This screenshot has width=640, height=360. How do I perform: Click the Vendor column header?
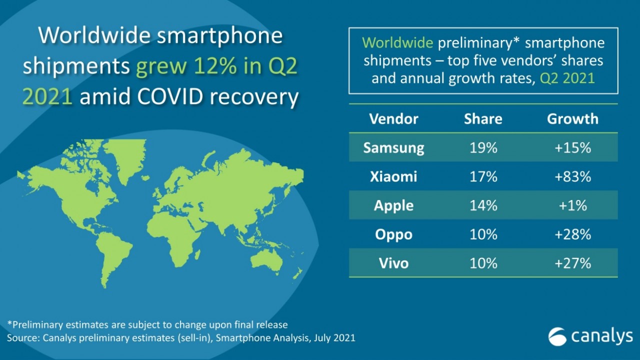click(x=393, y=119)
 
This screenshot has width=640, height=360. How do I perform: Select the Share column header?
click(x=483, y=119)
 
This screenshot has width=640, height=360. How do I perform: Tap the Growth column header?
click(x=572, y=119)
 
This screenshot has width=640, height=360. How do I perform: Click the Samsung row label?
click(x=393, y=148)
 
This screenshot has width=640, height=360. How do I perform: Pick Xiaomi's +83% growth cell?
click(x=572, y=176)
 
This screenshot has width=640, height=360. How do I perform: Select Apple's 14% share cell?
click(x=483, y=205)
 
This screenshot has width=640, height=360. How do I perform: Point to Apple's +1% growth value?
click(x=572, y=205)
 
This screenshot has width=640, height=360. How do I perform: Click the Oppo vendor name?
click(x=393, y=234)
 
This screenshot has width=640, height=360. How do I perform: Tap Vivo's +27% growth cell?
click(x=572, y=263)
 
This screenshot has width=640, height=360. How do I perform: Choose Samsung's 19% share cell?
click(x=483, y=148)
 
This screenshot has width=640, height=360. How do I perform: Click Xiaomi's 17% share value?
click(x=483, y=176)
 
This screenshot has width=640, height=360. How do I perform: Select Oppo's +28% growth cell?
click(x=572, y=234)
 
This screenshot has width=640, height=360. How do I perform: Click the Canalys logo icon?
click(x=557, y=336)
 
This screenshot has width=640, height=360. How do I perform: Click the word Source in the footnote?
click(x=23, y=338)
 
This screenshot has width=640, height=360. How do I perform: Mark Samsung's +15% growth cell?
click(x=572, y=148)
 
